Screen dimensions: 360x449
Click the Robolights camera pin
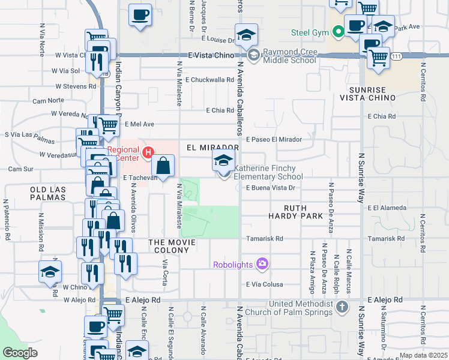262,263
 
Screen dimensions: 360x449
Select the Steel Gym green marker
338,32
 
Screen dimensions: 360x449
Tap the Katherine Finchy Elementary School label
268,173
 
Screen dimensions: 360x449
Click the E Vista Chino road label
209,55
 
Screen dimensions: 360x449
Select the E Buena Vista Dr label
271,188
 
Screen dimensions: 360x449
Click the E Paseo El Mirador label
273,139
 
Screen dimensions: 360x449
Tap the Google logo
20,352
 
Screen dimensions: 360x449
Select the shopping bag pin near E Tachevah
163,166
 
